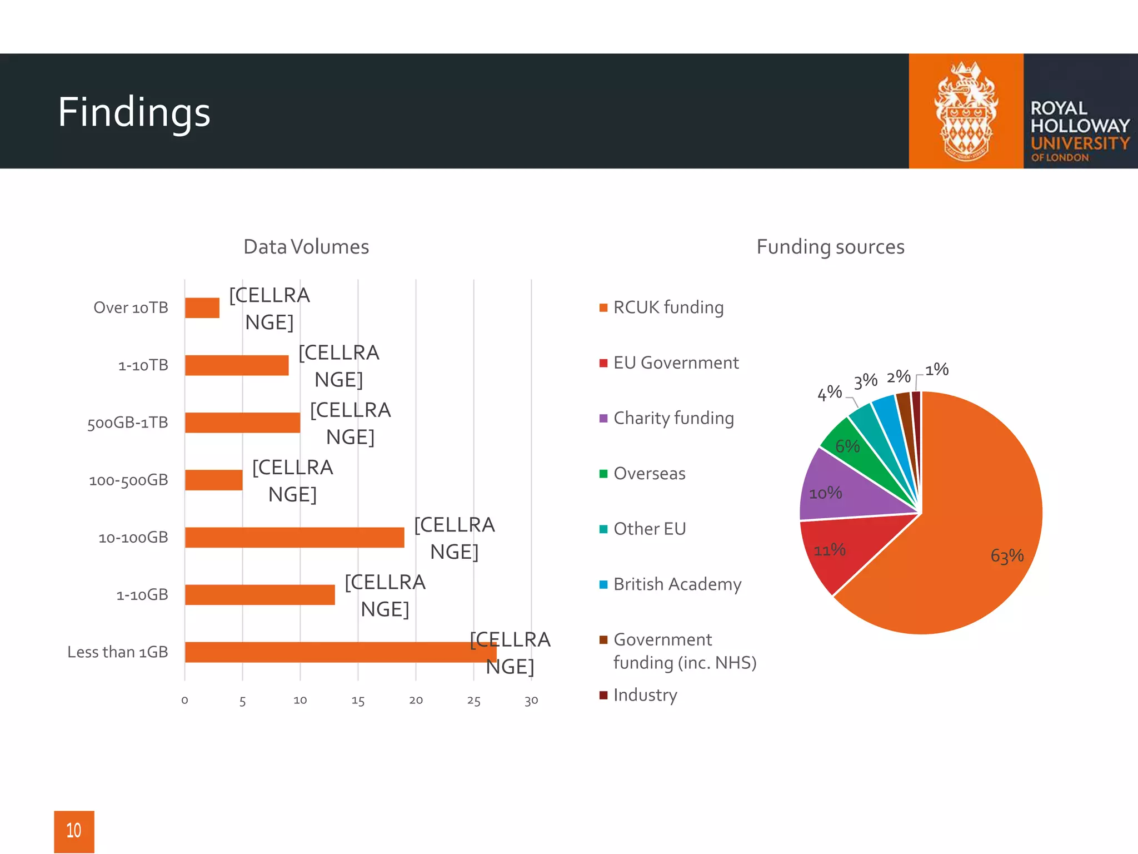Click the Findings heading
[134, 112]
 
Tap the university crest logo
[966, 111]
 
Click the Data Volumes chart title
[306, 247]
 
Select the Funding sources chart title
[830, 247]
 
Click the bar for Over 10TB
[202, 308]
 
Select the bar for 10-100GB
[295, 538]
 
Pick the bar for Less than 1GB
[340, 652]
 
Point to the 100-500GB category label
[128, 480]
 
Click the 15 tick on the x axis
[358, 701]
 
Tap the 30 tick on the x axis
[531, 701]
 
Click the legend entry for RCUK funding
[668, 307]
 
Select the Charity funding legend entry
[673, 418]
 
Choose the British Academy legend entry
[677, 584]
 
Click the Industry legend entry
[645, 695]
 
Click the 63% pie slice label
[1007, 555]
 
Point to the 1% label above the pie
[937, 370]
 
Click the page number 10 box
[74, 831]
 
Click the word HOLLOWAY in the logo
[1080, 126]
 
